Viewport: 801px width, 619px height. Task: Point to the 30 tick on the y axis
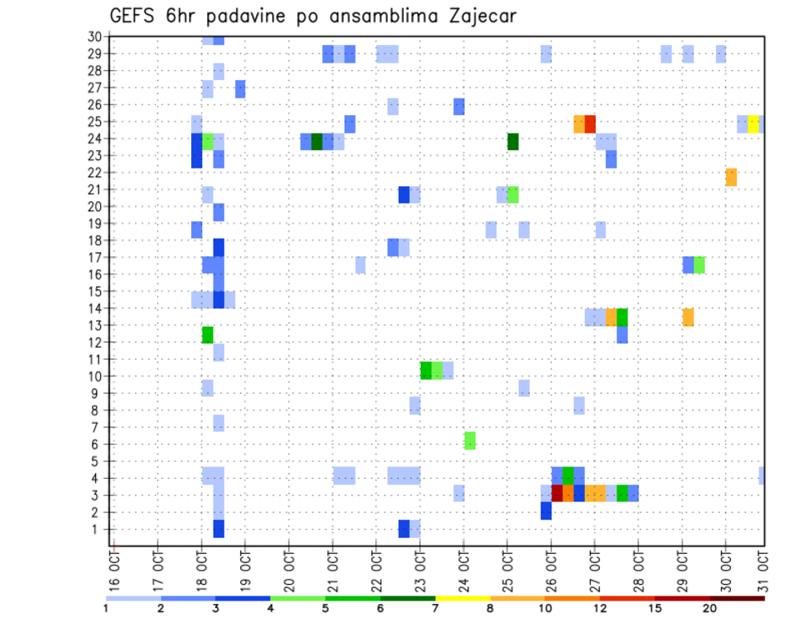[x=94, y=37]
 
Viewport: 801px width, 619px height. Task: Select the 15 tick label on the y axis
[x=94, y=291]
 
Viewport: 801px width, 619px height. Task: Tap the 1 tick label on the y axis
[x=98, y=529]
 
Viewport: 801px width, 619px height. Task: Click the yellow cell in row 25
[x=753, y=123]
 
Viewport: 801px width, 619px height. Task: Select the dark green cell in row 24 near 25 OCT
[x=512, y=141]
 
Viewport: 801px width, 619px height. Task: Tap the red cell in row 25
[x=590, y=123]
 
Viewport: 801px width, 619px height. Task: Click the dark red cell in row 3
[x=557, y=493]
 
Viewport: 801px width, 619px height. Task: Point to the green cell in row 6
[x=470, y=440]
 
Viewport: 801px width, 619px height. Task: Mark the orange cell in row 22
[x=731, y=177]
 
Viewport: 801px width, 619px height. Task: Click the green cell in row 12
[x=207, y=335]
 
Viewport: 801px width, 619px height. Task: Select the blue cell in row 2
[x=546, y=511]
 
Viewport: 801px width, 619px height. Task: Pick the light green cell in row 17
[x=699, y=264]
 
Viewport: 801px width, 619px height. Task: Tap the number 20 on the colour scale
[x=710, y=609]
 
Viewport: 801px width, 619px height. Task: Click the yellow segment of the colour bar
[x=462, y=598]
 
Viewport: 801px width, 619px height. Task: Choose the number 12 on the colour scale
[x=601, y=609]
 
